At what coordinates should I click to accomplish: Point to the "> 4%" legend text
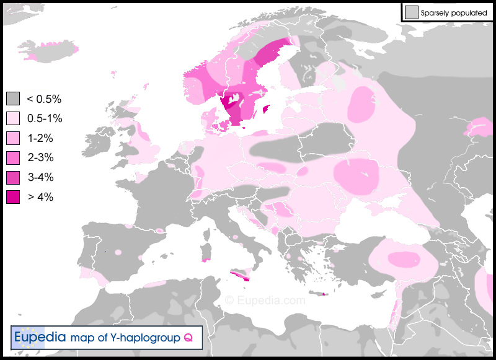[41, 198]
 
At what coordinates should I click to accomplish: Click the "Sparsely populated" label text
[453, 12]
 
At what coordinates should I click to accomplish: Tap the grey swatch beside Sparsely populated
[410, 12]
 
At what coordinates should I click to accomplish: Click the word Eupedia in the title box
[40, 338]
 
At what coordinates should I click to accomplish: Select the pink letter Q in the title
[187, 338]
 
